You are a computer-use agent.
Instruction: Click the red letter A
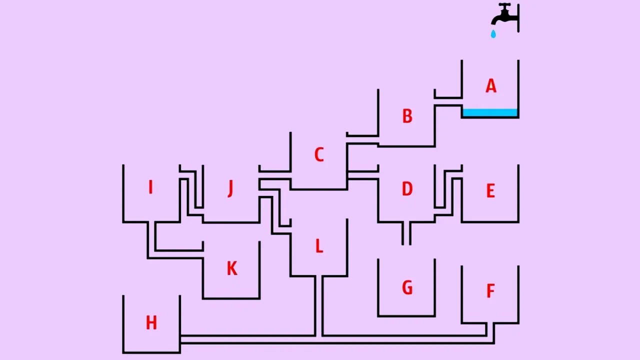click(x=491, y=86)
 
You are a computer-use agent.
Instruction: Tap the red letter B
click(x=407, y=116)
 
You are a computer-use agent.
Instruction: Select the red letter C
click(x=318, y=155)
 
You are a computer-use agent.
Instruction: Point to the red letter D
click(x=407, y=189)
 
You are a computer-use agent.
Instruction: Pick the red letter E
click(x=490, y=191)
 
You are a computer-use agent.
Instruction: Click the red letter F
click(x=490, y=291)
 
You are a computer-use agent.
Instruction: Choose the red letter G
click(x=407, y=288)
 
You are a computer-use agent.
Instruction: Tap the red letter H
click(x=151, y=323)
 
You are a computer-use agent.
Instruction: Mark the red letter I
click(x=150, y=187)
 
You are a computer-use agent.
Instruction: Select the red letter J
click(x=230, y=188)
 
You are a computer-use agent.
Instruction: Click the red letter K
click(x=231, y=268)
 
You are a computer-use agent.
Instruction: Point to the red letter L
click(x=318, y=246)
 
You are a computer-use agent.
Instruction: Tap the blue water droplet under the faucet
click(x=493, y=34)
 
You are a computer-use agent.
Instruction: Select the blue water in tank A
click(x=490, y=112)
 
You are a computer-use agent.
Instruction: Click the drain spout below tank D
click(x=406, y=233)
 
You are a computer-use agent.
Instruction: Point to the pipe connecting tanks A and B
click(x=447, y=101)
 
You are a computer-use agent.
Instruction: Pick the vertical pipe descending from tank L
click(x=318, y=305)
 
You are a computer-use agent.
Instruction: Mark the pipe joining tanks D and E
click(x=448, y=192)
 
